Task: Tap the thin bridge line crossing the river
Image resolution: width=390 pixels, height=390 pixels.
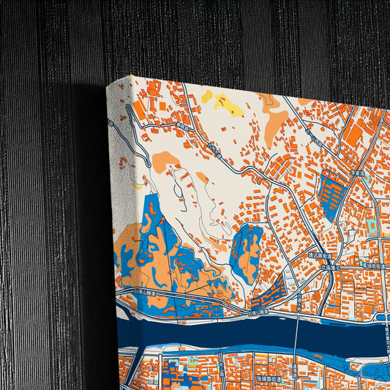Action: pyautogui.click(x=296, y=329)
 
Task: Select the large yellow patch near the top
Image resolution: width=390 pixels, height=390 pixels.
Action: pyautogui.click(x=229, y=107)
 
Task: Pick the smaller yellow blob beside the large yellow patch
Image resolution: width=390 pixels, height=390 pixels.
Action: pyautogui.click(x=207, y=96)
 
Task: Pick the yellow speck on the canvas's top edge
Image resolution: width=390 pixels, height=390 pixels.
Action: pyautogui.click(x=132, y=75)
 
